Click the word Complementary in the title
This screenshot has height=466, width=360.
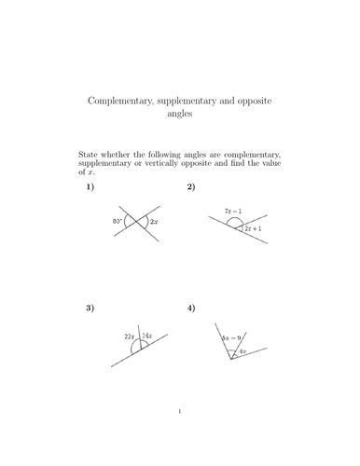pyautogui.click(x=118, y=98)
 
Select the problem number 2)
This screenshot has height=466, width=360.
pyautogui.click(x=191, y=187)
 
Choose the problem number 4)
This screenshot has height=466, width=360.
pyautogui.click(x=191, y=307)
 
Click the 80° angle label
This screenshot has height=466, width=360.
pyautogui.click(x=117, y=222)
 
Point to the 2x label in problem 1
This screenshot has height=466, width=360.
pyautogui.click(x=154, y=223)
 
